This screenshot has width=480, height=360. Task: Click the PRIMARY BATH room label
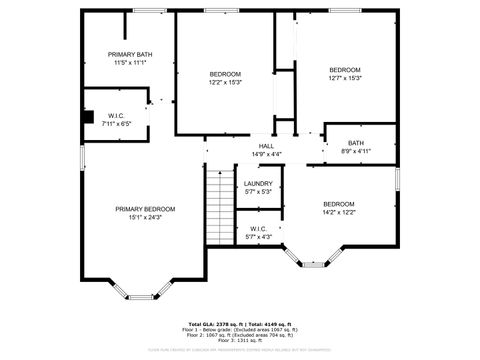pyautogui.click(x=130, y=54)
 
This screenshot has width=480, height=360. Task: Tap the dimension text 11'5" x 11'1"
pyautogui.click(x=130, y=63)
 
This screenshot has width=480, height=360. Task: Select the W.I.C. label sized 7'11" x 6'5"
pyautogui.click(x=116, y=115)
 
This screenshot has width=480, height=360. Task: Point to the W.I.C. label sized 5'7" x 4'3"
pyautogui.click(x=258, y=229)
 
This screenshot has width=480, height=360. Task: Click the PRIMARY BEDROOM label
pyautogui.click(x=145, y=209)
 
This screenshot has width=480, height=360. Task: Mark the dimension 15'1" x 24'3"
pyautogui.click(x=145, y=217)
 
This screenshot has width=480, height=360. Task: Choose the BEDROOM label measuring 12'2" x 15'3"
pyautogui.click(x=225, y=75)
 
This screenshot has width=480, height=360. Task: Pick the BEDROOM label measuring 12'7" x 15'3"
pyautogui.click(x=345, y=69)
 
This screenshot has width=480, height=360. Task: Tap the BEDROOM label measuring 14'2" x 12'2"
pyautogui.click(x=339, y=204)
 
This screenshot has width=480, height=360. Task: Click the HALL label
pyautogui.click(x=267, y=145)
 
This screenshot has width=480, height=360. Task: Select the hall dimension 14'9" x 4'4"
pyautogui.click(x=267, y=153)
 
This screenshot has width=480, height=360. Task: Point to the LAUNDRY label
pyautogui.click(x=258, y=183)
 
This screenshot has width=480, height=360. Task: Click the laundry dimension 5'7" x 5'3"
pyautogui.click(x=258, y=191)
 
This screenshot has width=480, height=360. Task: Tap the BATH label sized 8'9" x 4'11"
pyautogui.click(x=356, y=143)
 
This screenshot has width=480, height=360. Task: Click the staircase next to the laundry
pyautogui.click(x=219, y=205)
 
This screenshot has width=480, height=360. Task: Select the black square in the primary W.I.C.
pyautogui.click(x=88, y=116)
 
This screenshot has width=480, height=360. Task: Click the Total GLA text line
pyautogui.click(x=240, y=324)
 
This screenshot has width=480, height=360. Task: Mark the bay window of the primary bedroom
pyautogui.click(x=139, y=291)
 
